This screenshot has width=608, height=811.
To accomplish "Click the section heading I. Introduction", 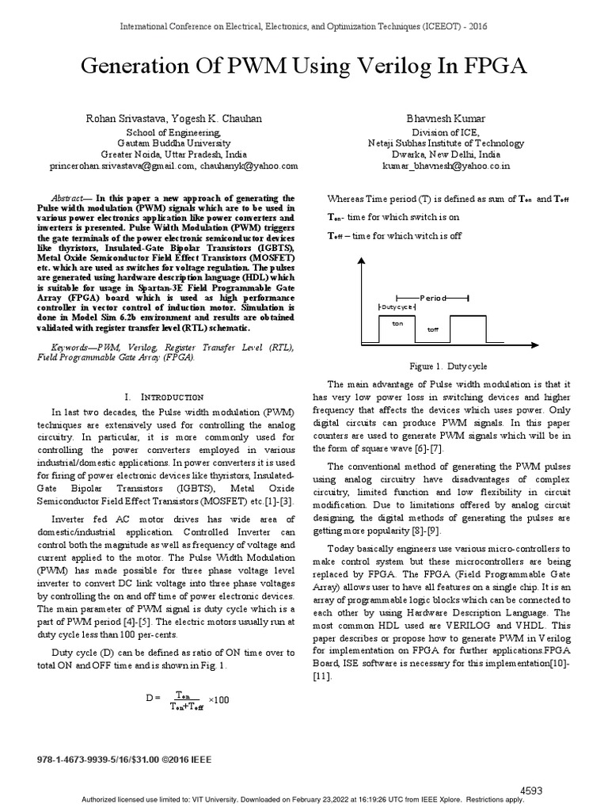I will [165, 396].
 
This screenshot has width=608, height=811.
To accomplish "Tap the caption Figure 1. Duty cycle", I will [447, 367].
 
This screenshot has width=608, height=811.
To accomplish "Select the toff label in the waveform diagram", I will [432, 328].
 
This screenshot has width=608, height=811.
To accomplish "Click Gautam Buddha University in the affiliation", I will [173, 143].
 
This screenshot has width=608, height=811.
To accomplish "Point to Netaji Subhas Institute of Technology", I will [446, 143].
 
